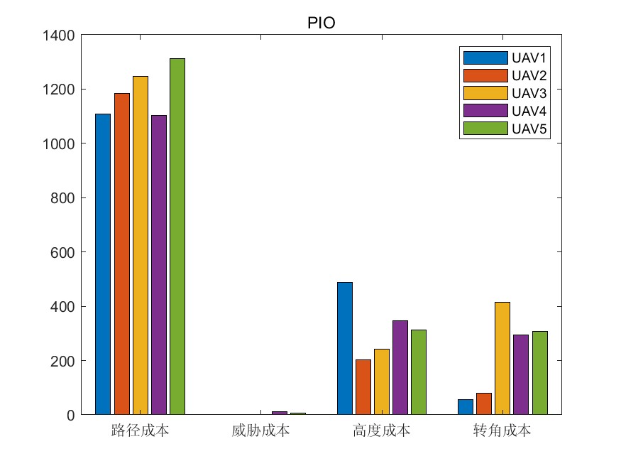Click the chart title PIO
click(321, 23)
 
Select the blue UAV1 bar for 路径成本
click(103, 264)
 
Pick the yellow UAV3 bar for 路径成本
click(140, 245)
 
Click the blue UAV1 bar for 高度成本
click(345, 348)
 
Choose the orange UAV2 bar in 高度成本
click(363, 386)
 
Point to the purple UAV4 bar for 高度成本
click(400, 367)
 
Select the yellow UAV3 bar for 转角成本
click(502, 358)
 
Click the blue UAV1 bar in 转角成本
click(466, 406)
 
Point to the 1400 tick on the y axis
click(61, 35)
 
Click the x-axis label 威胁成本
click(260, 430)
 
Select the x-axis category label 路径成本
click(140, 430)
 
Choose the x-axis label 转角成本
click(502, 430)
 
